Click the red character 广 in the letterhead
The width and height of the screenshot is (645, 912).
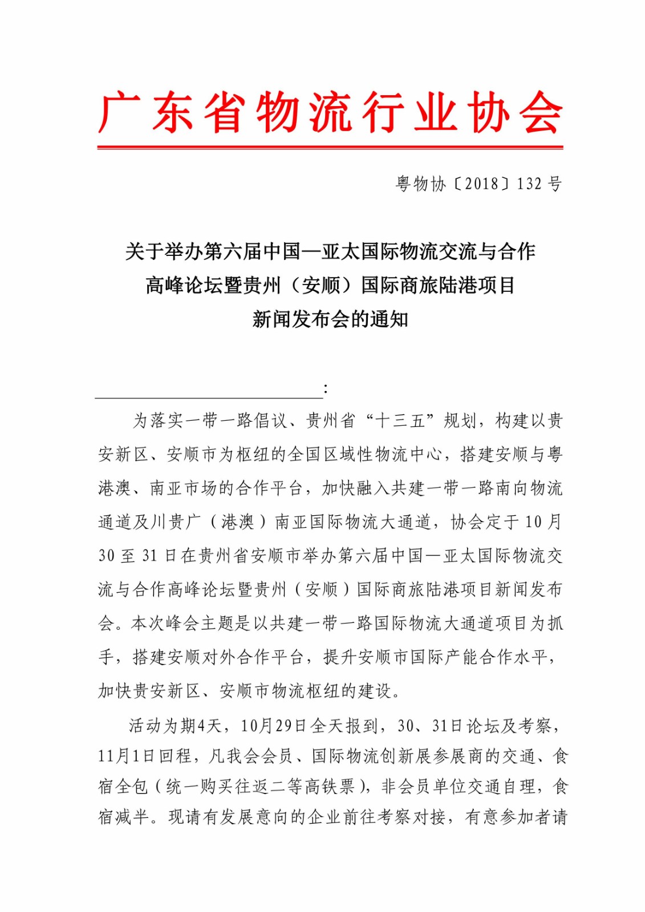click(120, 112)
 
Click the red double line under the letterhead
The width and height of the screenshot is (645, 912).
click(330, 148)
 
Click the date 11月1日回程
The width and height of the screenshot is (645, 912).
click(145, 756)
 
